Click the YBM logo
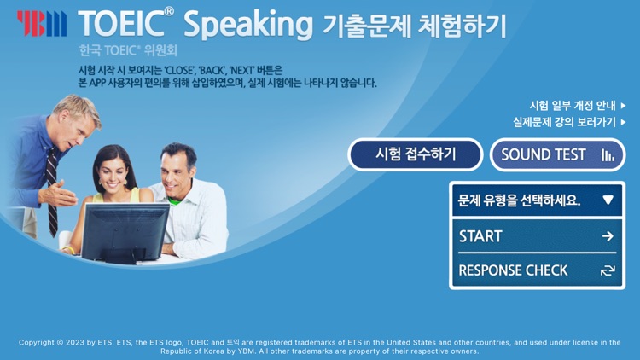[41, 23]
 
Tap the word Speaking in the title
[247, 25]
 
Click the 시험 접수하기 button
[416, 154]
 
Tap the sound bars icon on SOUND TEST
[608, 155]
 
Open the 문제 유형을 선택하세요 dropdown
[536, 200]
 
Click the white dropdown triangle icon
[608, 200]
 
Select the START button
[536, 236]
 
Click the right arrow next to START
[608, 236]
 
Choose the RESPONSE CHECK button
[536, 270]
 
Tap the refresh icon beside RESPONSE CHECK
[608, 270]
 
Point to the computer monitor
[125, 232]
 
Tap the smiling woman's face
[114, 170]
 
